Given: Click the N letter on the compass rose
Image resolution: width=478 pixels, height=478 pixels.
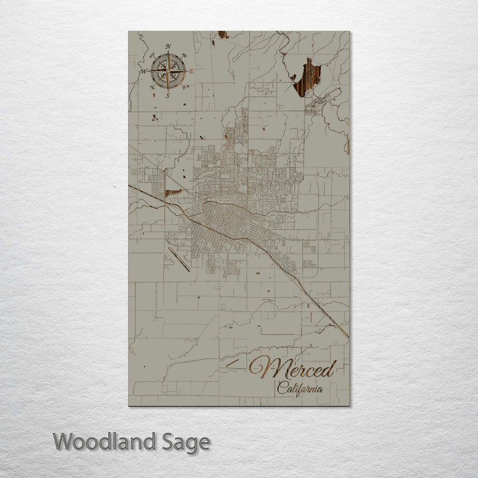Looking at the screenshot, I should click(x=169, y=46).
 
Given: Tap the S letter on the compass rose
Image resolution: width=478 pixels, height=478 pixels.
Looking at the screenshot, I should click(x=167, y=96).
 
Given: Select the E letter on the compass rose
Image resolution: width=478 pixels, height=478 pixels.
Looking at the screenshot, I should click(x=192, y=71).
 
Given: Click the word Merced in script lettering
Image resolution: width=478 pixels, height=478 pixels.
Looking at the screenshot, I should click(x=295, y=367).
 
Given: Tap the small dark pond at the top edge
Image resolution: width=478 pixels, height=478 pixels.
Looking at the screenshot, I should click(x=222, y=35).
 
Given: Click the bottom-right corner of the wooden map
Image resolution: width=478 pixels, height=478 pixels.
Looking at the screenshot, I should click(x=349, y=405).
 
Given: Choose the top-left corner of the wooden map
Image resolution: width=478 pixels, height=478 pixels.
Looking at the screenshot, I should click(x=129, y=32).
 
